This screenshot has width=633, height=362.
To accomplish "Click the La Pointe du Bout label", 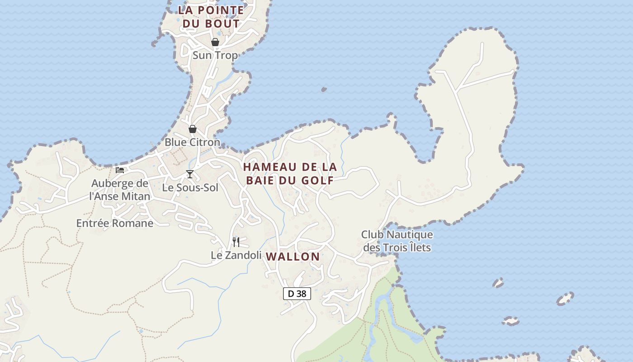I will coord(211,17).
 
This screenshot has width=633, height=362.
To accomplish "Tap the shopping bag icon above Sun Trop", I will coord(215,42).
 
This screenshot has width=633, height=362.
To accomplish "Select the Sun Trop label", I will coord(215,56).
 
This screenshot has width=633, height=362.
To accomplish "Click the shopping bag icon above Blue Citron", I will coord(193,129).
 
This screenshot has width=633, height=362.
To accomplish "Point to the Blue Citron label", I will coord(192,143).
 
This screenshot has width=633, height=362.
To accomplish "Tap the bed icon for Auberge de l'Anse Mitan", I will coord(120,170).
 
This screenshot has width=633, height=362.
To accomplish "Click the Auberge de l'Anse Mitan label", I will coord(120,190).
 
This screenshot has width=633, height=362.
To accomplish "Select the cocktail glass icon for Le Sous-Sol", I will coord(190,174).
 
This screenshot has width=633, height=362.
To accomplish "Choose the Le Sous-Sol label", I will coord(190,188).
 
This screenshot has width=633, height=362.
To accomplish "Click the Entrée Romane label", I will coord(115,224).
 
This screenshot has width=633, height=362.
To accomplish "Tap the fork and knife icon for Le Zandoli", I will coord(236,242).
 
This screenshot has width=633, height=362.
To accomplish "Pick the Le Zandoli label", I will coord(236,256).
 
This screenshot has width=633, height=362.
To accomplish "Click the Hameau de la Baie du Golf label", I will coord(290,174).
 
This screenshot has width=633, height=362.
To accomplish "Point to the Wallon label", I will coord(293,257).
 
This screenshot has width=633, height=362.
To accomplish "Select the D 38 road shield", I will coord(297,294).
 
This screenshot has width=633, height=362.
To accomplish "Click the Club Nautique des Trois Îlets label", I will coord(397,241).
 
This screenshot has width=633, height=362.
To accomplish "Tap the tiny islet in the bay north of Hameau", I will coord(324,90).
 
